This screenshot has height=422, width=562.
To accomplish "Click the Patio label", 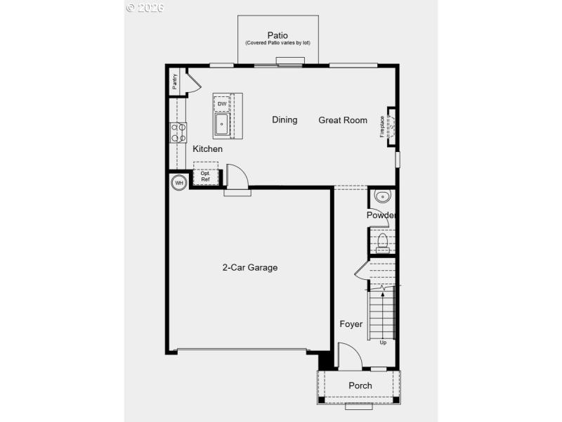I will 277,35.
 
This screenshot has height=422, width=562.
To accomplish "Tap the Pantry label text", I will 174,82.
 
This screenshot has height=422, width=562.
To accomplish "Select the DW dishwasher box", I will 222,104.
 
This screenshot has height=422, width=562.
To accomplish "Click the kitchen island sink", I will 222,126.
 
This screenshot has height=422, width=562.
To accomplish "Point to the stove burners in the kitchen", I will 178,132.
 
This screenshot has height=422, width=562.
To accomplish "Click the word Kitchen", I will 207,149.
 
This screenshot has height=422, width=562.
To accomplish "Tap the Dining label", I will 285,120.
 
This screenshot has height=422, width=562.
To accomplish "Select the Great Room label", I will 343,120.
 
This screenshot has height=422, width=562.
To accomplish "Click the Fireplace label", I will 383,126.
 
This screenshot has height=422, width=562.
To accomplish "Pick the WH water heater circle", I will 178,183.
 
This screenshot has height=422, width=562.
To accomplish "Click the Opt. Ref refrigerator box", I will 206,176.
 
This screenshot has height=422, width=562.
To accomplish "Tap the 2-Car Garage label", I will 250,267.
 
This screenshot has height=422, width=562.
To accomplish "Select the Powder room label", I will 381,215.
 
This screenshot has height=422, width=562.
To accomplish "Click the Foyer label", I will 351,324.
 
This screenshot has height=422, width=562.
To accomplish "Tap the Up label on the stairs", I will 383,343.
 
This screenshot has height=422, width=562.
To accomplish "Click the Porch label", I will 360,385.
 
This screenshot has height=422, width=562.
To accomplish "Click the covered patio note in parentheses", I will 277,44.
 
